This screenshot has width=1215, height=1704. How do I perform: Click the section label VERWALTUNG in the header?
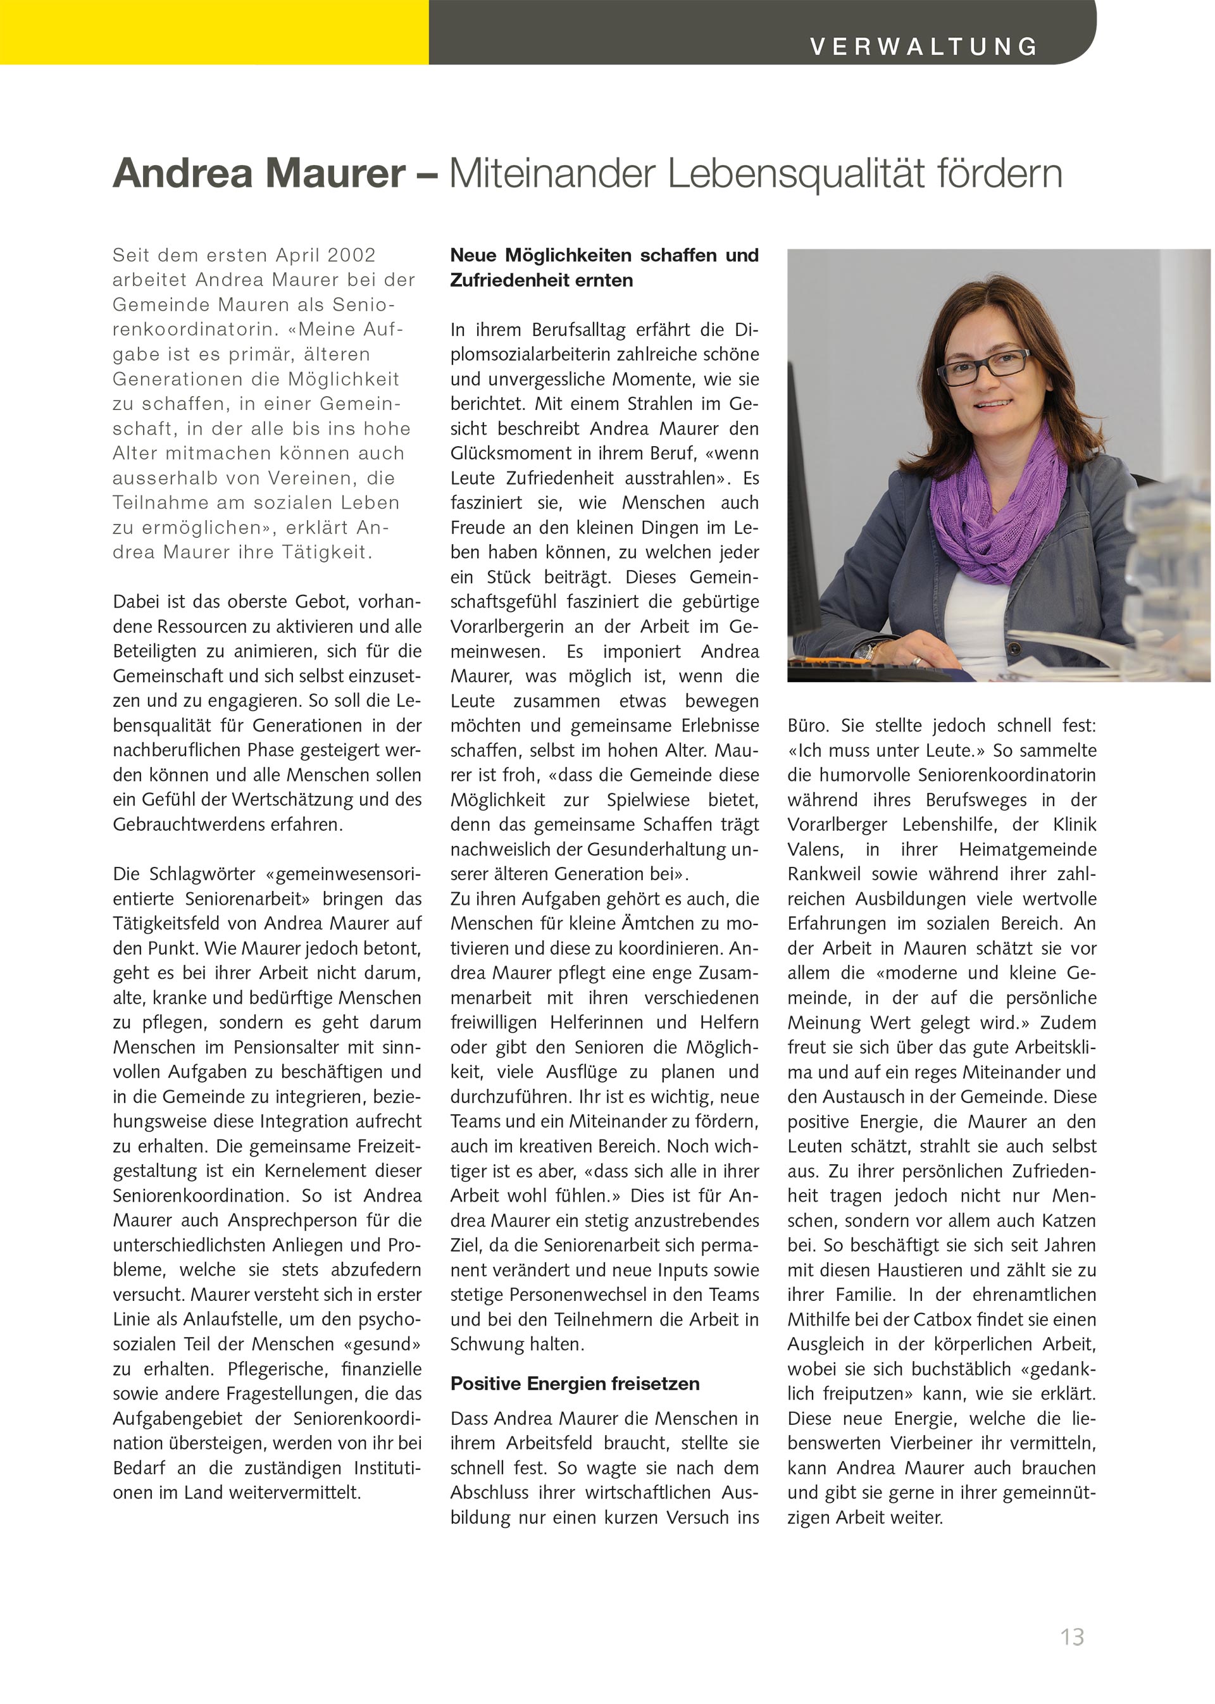point(923,46)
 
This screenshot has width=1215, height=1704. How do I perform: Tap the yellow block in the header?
point(214,32)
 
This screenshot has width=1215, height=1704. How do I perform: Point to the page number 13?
point(1071,1637)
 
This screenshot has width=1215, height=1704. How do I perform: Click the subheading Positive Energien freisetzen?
point(575,1384)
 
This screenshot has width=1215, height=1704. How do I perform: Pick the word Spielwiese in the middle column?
point(648,800)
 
